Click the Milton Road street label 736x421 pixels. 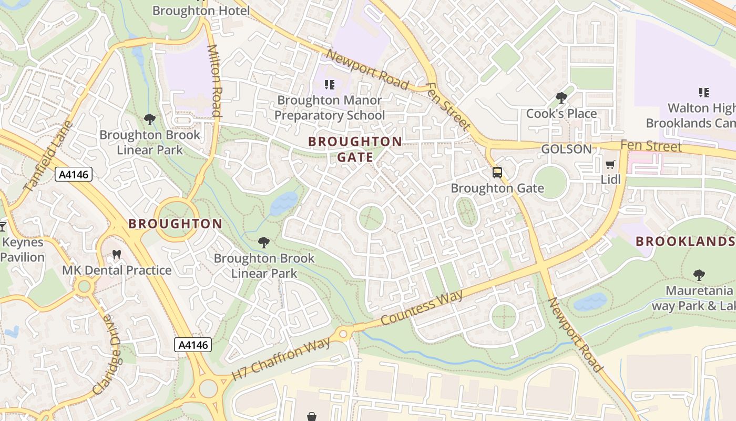[214, 80]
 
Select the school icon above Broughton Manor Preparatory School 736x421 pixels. [330, 84]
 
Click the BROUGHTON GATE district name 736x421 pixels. [355, 149]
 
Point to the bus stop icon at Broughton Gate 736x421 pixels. [497, 172]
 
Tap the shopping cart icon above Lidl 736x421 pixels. [610, 164]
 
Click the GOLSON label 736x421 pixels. [566, 149]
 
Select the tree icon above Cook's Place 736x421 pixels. [561, 97]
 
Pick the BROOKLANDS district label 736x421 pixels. [684, 242]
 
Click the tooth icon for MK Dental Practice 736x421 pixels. [117, 255]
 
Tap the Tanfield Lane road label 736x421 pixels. [48, 156]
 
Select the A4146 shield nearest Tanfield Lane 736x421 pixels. [74, 174]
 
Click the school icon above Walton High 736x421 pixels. [704, 93]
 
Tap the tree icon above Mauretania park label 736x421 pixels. [699, 275]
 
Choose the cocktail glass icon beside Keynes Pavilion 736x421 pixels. [2, 227]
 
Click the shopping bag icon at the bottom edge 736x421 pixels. [312, 416]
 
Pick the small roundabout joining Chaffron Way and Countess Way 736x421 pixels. [343, 334]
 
